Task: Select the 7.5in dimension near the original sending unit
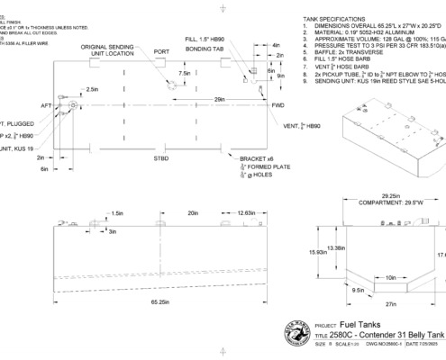[x=186, y=74]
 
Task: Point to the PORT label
[x=162, y=52]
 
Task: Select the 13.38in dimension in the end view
[x=337, y=247]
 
